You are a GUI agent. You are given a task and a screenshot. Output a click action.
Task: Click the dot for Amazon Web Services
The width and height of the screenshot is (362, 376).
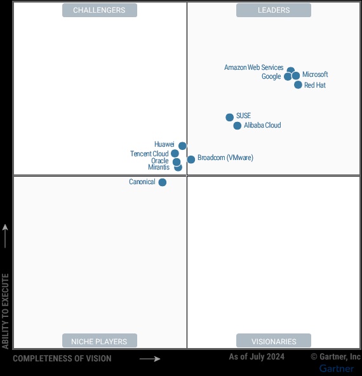[290, 70]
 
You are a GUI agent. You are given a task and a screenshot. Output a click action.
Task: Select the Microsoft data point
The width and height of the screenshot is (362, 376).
[296, 76]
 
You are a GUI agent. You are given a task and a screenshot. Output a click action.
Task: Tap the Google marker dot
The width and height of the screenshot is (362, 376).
[288, 77]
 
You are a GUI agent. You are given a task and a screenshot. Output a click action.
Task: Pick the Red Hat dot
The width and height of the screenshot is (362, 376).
[298, 84]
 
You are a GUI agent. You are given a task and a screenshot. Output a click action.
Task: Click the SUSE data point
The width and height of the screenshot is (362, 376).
[229, 117]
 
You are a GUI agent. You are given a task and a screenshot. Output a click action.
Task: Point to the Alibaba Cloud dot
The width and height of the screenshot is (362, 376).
[237, 126]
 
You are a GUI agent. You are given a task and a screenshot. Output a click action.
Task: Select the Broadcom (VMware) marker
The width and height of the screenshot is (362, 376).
[191, 159]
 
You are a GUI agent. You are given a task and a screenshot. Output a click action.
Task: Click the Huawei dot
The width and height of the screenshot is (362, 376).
[182, 145]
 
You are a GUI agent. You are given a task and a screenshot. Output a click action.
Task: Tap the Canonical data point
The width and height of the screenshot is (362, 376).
[162, 182]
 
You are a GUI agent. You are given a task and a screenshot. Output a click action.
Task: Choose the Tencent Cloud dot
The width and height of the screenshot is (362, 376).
[175, 154]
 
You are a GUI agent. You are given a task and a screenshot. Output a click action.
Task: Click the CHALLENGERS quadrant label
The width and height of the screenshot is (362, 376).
[99, 10]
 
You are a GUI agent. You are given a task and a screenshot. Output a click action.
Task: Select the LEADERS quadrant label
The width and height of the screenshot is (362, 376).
[274, 10]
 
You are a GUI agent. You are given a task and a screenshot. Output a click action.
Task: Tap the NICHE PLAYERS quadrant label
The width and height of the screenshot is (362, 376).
[99, 341]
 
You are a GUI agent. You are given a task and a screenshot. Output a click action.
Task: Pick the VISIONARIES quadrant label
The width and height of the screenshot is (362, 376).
[274, 341]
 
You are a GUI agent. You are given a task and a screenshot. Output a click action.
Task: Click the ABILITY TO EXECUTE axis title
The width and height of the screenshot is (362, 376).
[6, 311]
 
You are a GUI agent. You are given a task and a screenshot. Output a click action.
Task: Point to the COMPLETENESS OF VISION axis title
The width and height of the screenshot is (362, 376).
[62, 359]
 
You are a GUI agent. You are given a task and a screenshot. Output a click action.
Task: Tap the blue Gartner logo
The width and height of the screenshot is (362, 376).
[337, 368]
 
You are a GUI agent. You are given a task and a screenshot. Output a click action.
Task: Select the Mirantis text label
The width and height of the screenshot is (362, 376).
[158, 168]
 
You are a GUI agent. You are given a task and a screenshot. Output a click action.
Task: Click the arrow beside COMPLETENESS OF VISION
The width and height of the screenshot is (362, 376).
[150, 359]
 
